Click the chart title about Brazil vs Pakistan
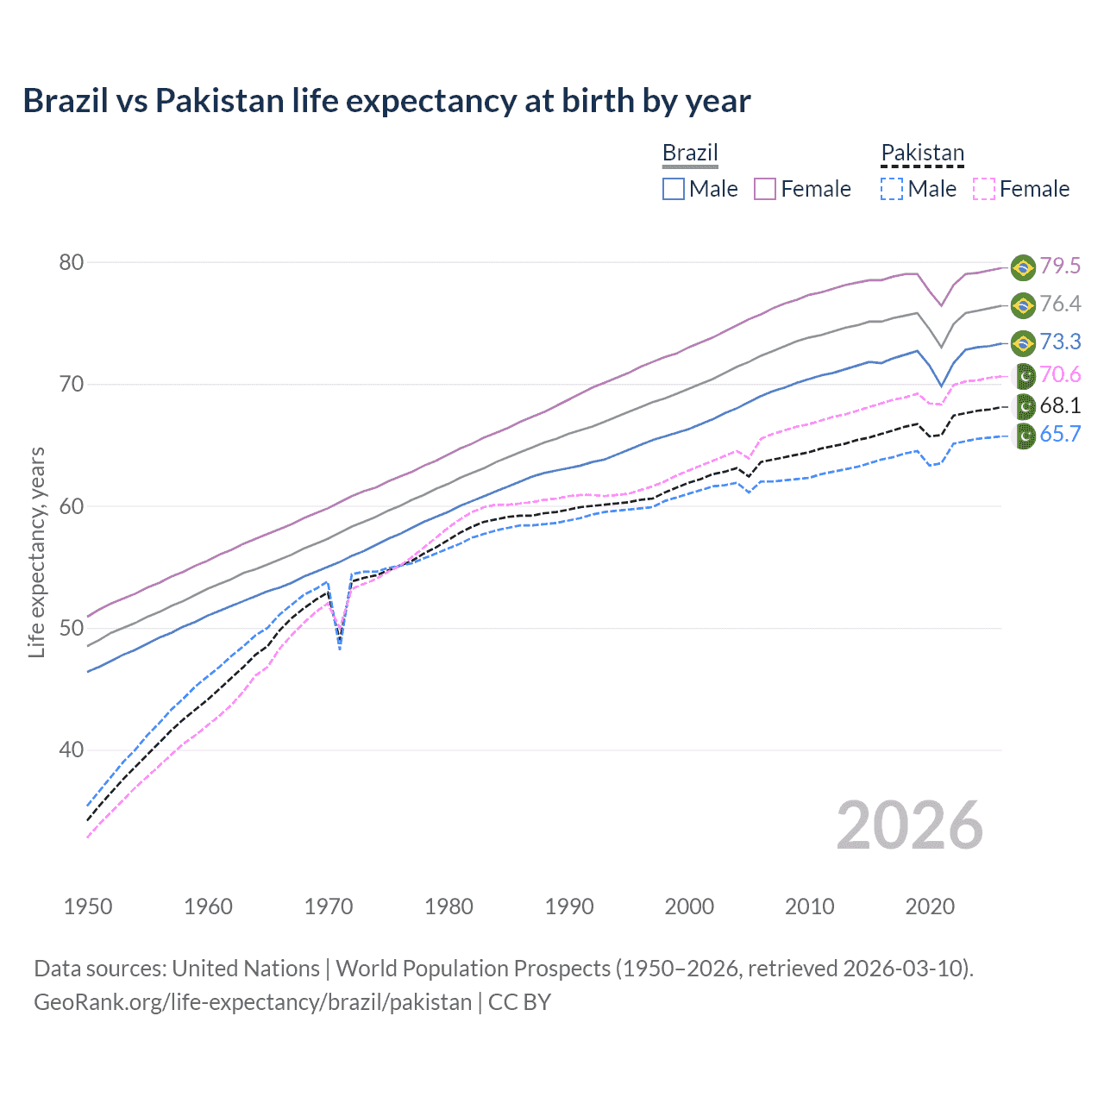(x=386, y=101)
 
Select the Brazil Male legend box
(x=674, y=189)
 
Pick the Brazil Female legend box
(x=765, y=189)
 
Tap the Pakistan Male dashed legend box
(x=892, y=189)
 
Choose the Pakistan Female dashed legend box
(x=983, y=189)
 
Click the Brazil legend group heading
(x=690, y=153)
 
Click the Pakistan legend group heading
(x=922, y=153)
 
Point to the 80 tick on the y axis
(x=71, y=262)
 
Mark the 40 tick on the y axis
(x=71, y=750)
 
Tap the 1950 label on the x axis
(x=88, y=906)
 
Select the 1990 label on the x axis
(x=569, y=906)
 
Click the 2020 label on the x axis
(x=930, y=906)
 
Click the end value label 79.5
(x=1060, y=266)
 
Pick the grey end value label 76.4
(x=1060, y=304)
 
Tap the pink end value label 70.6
(x=1060, y=374)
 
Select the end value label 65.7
(x=1060, y=434)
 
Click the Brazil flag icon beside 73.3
(x=1023, y=342)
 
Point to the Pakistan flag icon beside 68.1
(x=1024, y=406)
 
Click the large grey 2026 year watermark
(x=910, y=825)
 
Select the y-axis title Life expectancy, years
(x=37, y=552)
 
